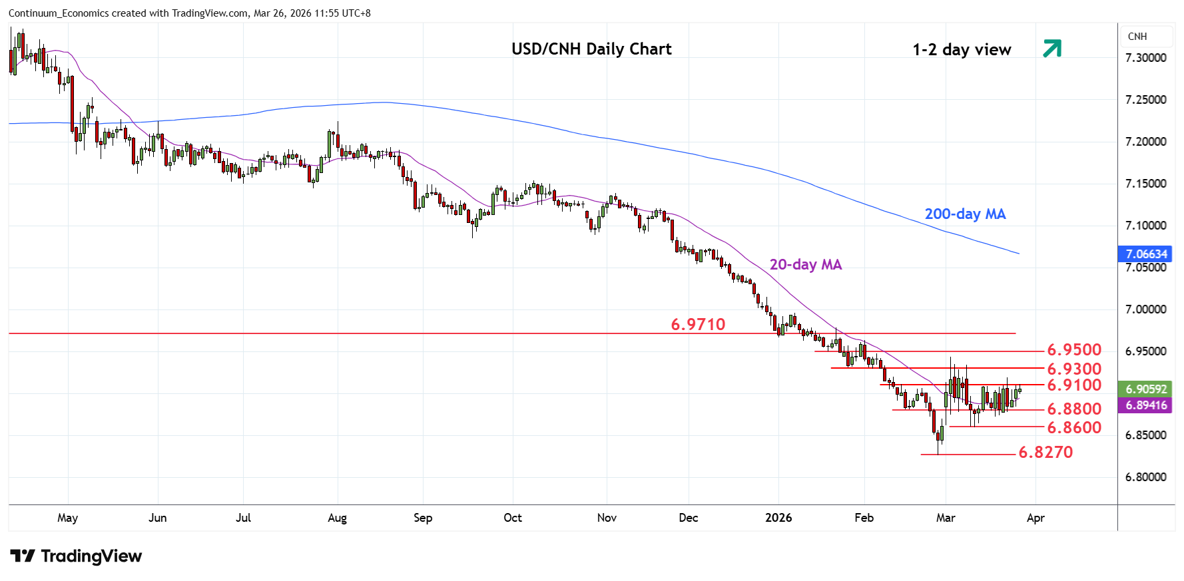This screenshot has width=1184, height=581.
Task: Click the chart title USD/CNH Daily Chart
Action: (591, 49)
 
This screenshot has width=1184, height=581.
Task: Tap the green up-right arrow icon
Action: (1052, 49)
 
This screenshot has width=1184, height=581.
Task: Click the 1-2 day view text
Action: (962, 50)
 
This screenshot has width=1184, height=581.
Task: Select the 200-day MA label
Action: (965, 214)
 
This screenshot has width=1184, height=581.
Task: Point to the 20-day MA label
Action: (806, 265)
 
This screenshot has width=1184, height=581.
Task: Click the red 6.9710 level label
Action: (698, 324)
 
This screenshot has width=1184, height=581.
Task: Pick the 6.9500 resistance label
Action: (1074, 350)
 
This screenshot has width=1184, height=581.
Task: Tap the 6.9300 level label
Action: (1074, 369)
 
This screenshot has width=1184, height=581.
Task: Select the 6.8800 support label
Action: (1074, 409)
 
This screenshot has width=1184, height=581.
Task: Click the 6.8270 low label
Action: (1045, 453)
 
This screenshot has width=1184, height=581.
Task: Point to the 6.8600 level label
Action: (1074, 427)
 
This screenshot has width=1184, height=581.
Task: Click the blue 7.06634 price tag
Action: (1146, 254)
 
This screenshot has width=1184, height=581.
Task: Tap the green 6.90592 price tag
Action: (1146, 389)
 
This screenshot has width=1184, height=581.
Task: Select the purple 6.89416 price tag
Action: (1146, 405)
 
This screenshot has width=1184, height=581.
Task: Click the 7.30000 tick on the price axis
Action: (1145, 58)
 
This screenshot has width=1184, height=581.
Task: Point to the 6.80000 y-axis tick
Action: (1145, 477)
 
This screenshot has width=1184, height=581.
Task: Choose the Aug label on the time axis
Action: (338, 518)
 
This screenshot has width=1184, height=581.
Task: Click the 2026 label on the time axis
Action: (778, 518)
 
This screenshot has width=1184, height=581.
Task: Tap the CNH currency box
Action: (1137, 37)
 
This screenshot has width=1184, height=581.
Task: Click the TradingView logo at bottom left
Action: (77, 556)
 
